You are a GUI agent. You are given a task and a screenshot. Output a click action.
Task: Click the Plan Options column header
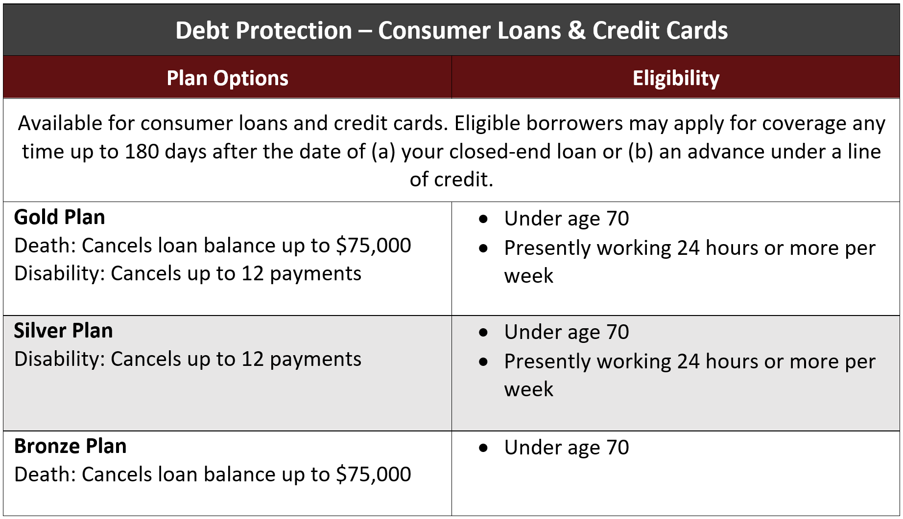coord(227,78)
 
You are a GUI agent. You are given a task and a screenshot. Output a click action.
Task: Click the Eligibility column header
coord(676,78)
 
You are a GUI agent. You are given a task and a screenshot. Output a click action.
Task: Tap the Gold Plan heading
coord(59,217)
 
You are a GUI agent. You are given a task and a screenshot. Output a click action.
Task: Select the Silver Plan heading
coord(63,331)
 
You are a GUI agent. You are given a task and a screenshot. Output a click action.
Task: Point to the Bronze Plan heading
coord(70,446)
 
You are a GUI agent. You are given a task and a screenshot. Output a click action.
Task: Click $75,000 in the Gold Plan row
coord(373,246)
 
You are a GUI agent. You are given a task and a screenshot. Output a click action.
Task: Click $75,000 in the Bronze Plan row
coord(373,474)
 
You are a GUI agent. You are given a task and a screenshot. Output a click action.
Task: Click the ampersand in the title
coord(576,30)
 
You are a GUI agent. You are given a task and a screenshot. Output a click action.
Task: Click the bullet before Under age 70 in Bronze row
coord(484,448)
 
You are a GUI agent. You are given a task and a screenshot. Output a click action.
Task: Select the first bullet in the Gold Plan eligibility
coord(484,219)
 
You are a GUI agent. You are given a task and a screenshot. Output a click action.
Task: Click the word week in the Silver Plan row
coord(529,390)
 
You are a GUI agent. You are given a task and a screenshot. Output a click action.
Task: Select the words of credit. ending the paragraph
coord(451,180)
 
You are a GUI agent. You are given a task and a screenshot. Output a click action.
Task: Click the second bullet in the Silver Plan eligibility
coord(484,362)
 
